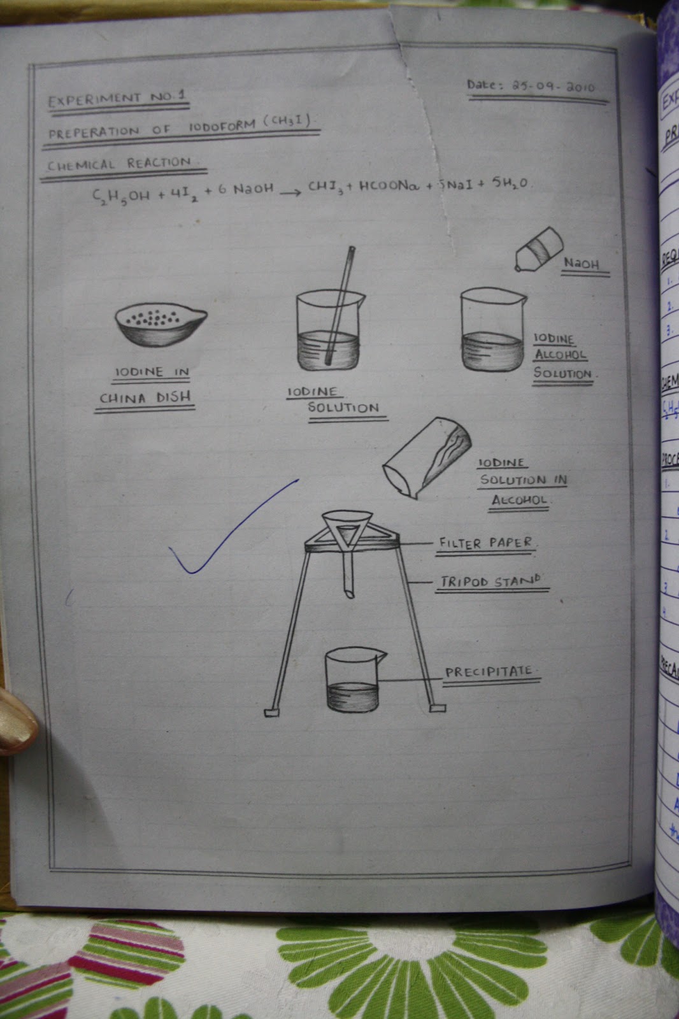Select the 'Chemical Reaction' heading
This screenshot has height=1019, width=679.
pyautogui.click(x=120, y=164)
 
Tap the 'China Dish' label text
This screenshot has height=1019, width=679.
pyautogui.click(x=145, y=397)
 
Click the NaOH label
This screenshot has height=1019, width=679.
pyautogui.click(x=581, y=263)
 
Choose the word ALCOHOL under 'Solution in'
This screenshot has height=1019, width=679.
pyautogui.click(x=519, y=500)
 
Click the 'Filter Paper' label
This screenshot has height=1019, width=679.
pyautogui.click(x=485, y=543)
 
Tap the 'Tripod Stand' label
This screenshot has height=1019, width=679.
pyautogui.click(x=490, y=581)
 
